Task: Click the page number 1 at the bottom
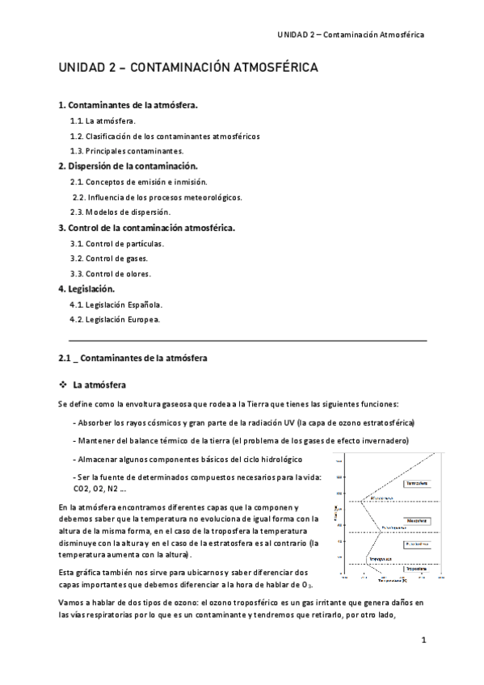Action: [423, 641]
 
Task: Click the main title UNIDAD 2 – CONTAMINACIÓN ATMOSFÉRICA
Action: [188, 69]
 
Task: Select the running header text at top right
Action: [351, 35]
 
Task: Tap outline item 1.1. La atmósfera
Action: [103, 120]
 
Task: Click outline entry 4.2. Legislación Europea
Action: [116, 319]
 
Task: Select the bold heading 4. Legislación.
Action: [86, 288]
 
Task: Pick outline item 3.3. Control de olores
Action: [111, 274]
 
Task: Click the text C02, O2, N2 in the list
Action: [93, 489]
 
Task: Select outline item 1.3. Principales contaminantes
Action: [127, 151]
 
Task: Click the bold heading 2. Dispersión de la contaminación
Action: [128, 166]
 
